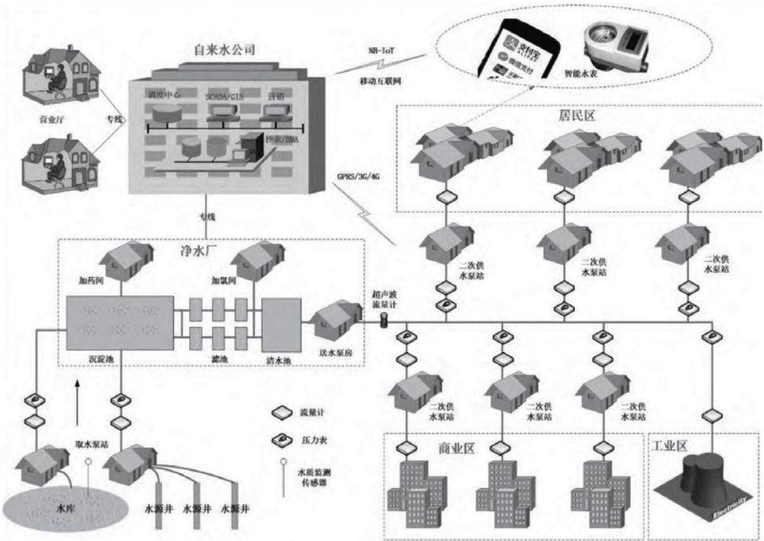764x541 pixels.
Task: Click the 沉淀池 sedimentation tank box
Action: [120, 328]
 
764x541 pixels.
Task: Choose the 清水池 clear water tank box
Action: [280, 328]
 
